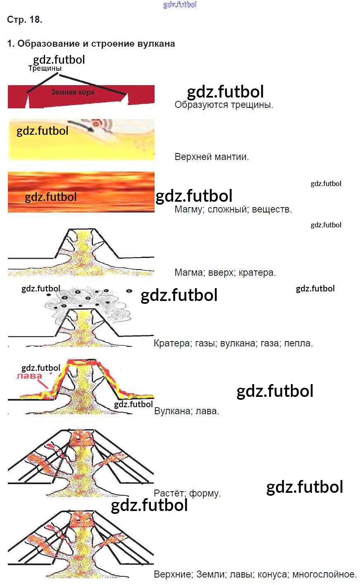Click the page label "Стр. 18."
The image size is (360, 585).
24,19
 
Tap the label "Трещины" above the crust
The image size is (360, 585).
45,69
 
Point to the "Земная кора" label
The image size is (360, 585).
73,92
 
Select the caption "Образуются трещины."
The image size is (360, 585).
224,105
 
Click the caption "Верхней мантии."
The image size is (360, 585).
212,157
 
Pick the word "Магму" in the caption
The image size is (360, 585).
189,210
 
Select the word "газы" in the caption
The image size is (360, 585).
205,343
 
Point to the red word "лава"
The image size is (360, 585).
29,376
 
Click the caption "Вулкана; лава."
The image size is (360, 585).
186,411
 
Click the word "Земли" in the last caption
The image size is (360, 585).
210,574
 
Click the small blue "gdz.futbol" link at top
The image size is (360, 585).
180,5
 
